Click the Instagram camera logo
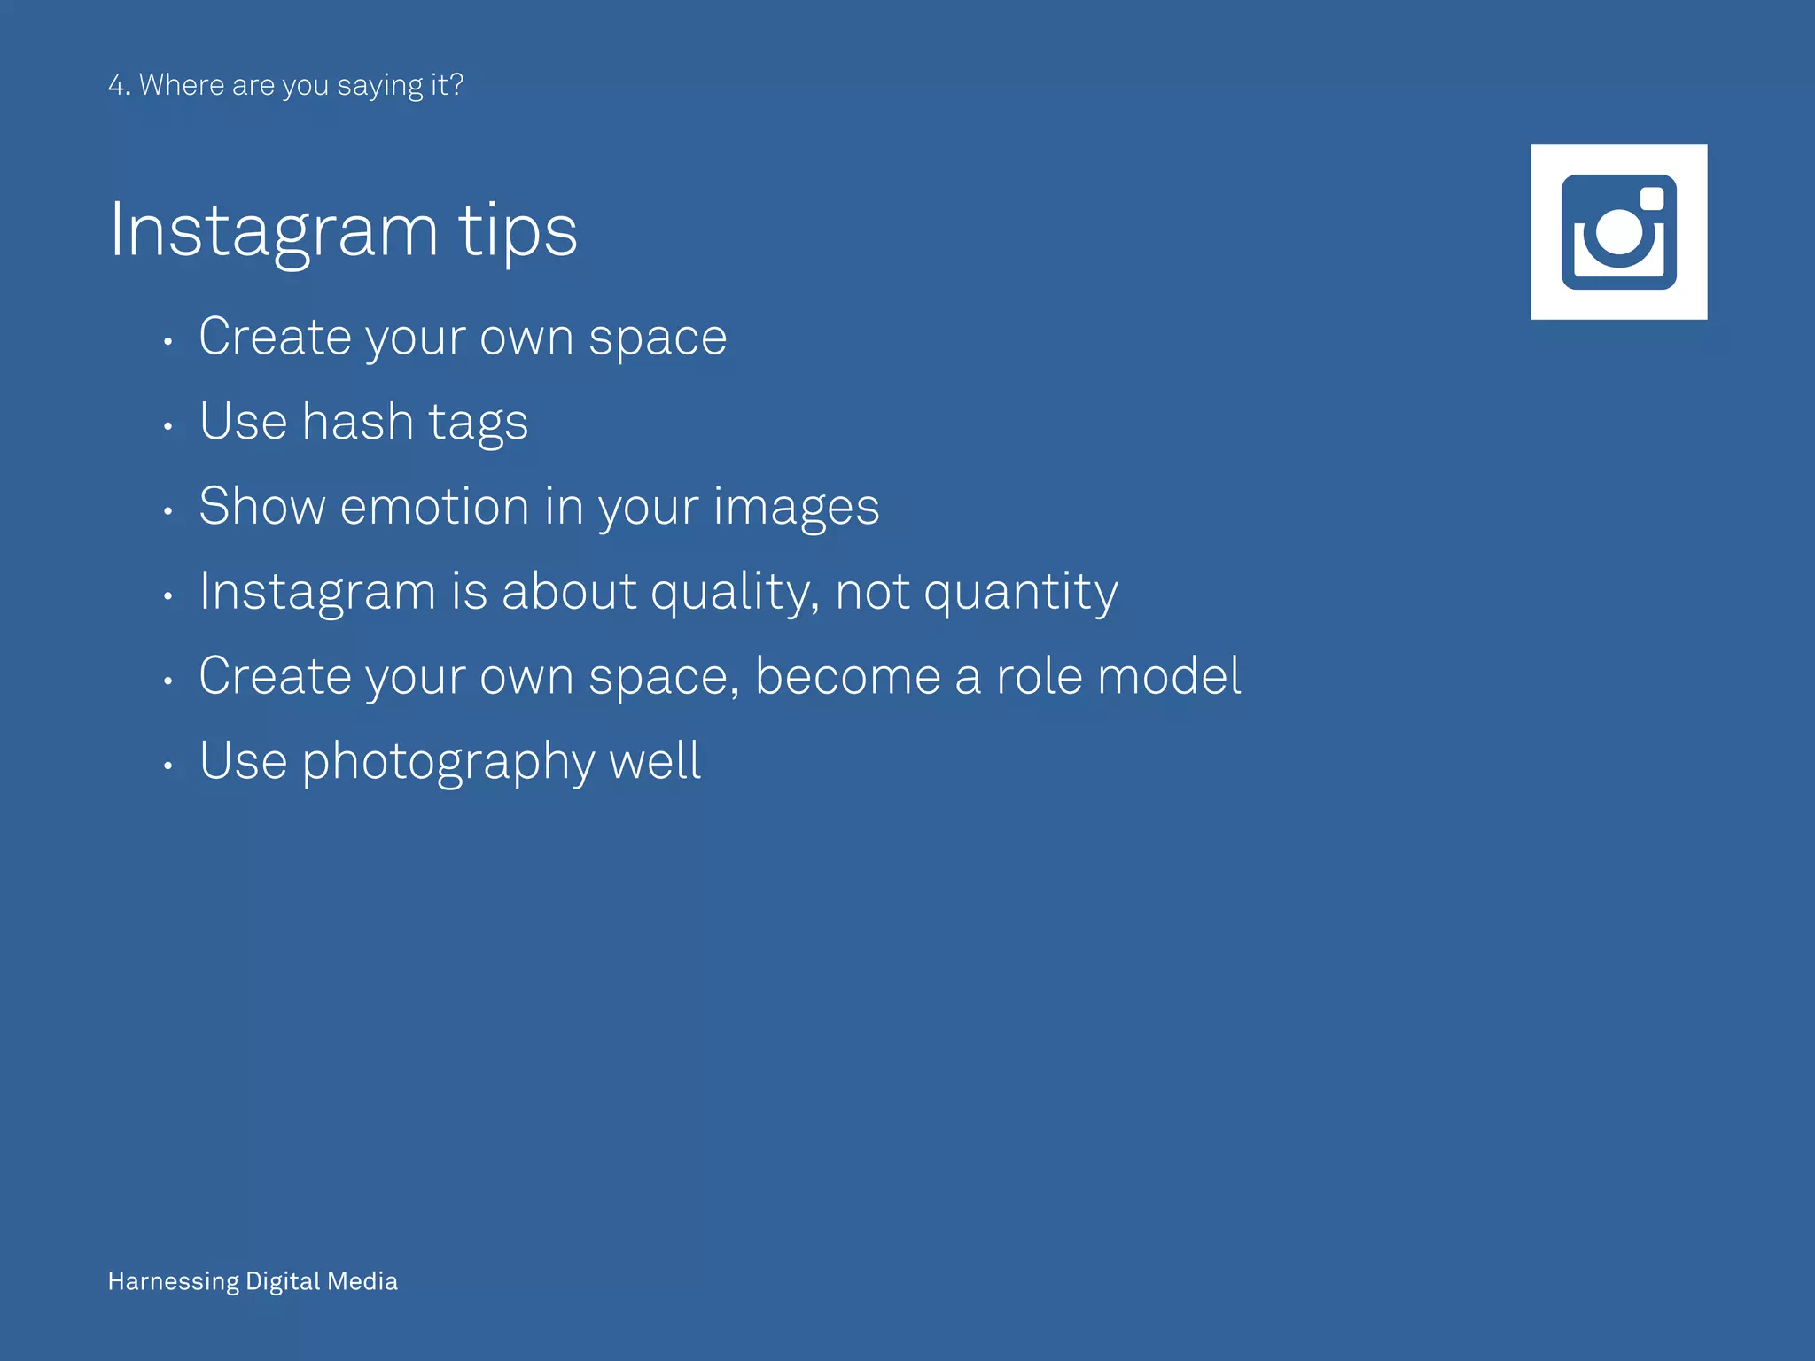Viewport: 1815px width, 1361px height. click(x=1618, y=232)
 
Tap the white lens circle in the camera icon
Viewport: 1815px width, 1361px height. click(x=1619, y=232)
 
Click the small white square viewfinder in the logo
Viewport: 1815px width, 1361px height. click(x=1652, y=198)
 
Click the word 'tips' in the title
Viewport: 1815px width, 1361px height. click(x=518, y=231)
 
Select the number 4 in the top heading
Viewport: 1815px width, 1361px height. click(x=117, y=85)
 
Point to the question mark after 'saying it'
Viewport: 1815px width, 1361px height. click(x=456, y=85)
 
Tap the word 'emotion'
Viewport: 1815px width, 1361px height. click(x=434, y=507)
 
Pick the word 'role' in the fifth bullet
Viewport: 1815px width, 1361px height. click(x=1039, y=677)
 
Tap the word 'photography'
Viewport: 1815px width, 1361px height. click(x=448, y=762)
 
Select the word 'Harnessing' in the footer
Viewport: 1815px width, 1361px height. click(x=174, y=1281)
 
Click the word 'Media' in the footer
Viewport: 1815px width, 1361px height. click(x=362, y=1281)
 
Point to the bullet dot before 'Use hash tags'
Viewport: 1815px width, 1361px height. click(x=167, y=426)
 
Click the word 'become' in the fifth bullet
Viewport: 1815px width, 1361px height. click(x=847, y=677)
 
